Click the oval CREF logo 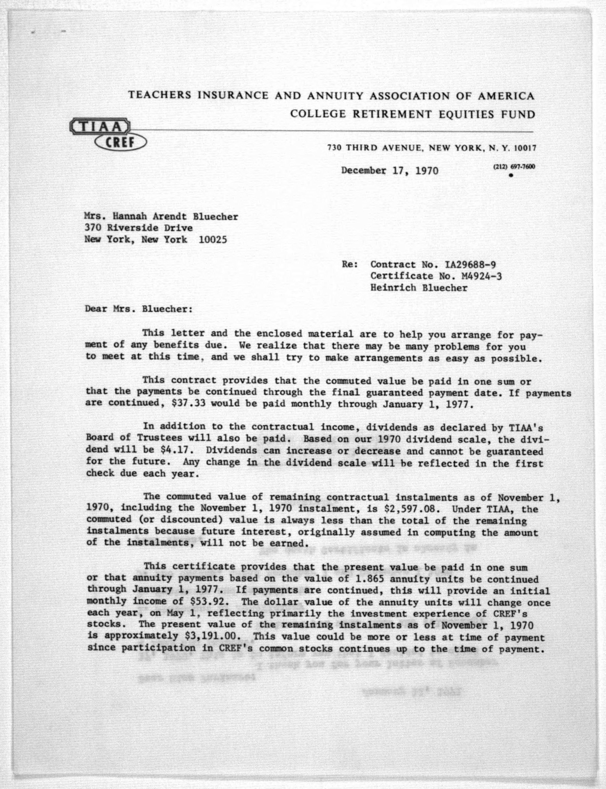click(120, 143)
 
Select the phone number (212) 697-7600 click(514, 167)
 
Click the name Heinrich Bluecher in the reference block click(418, 288)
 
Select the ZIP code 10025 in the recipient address click(213, 240)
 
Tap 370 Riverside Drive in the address click(138, 228)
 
